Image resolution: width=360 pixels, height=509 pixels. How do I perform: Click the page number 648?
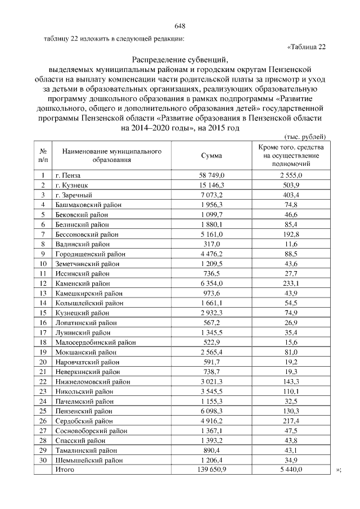(180, 26)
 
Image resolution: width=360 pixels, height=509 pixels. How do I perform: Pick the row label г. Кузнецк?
(71, 185)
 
